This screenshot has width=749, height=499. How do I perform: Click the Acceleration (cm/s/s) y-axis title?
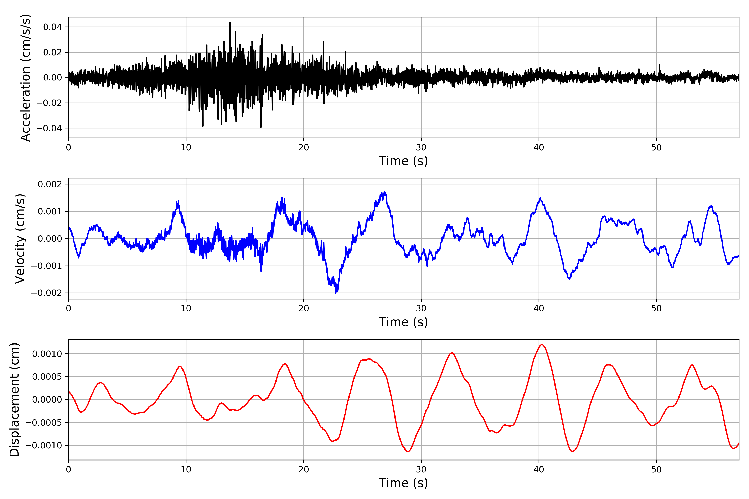[x=25, y=77]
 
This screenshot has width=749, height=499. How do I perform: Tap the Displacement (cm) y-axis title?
[x=14, y=399]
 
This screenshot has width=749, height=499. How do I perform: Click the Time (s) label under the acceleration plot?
[x=403, y=161]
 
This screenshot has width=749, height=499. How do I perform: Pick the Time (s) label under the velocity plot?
[x=403, y=322]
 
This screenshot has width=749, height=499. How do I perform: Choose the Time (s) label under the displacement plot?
[x=403, y=483]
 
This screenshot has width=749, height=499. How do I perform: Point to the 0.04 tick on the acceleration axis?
[x=53, y=27]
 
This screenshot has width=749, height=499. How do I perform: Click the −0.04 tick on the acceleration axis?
[x=49, y=128]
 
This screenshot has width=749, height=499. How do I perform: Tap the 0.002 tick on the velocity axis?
[x=50, y=184]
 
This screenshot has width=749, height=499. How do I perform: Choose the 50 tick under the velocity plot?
[x=656, y=308]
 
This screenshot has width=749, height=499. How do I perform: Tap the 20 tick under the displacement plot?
[x=304, y=469]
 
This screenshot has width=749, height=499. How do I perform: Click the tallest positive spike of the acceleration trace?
[x=230, y=23]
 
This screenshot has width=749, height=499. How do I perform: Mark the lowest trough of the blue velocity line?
[x=336, y=293]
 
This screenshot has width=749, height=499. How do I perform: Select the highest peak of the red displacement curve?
[x=542, y=345]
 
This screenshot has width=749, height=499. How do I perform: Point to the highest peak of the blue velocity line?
[x=385, y=193]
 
